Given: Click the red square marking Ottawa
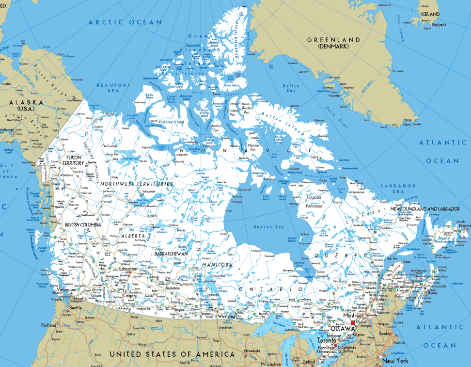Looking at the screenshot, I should point(353,323).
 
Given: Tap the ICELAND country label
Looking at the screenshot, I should point(430,14).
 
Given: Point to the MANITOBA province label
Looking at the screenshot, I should point(217,265).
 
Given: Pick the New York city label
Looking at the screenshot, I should point(395,361).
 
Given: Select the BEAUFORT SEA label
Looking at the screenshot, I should point(113,88).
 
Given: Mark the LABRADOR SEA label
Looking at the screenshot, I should point(398,189).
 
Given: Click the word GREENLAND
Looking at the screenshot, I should point(334,40).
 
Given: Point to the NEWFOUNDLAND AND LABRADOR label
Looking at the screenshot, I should point(425,208).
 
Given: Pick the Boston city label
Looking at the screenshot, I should point(386,334).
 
